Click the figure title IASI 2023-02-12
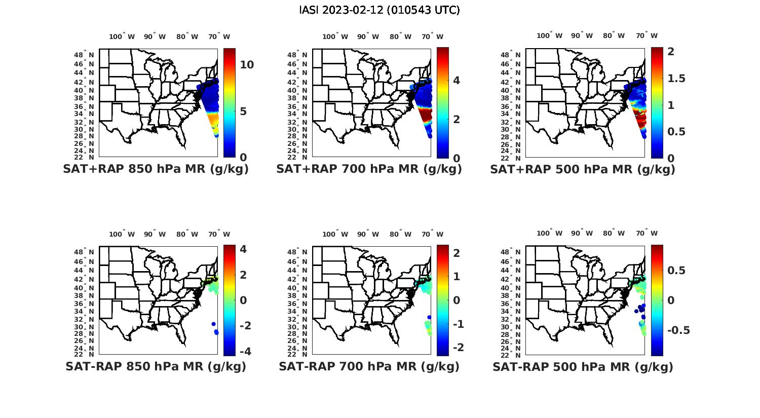379,10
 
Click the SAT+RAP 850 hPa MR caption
156,169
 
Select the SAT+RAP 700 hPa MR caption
369,169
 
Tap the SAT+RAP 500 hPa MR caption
583,169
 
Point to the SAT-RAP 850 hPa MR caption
156,366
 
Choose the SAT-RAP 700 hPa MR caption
369,366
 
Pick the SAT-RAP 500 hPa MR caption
583,366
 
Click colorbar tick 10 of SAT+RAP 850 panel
247,65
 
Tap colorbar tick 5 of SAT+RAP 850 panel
243,111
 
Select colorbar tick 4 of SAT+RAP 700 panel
457,81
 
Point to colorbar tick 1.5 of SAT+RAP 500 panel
677,79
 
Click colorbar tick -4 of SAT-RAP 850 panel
243,351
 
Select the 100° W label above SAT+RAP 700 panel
335,36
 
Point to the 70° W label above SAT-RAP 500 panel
647,234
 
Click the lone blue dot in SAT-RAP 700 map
429,317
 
